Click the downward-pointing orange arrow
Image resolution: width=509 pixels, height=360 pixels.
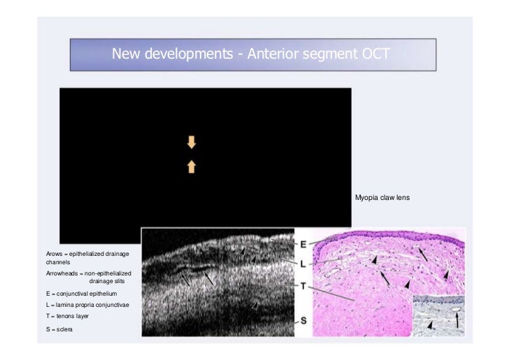[192, 143]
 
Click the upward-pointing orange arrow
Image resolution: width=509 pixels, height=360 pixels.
[192, 166]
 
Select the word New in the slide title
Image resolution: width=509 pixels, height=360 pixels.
[127, 54]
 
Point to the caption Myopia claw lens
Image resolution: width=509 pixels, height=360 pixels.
[382, 198]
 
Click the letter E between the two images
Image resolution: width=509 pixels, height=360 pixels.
[303, 244]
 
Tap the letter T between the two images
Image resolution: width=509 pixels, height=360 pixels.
[303, 286]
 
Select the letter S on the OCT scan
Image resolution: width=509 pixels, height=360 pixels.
[303, 321]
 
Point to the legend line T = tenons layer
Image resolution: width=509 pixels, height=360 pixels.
[67, 317]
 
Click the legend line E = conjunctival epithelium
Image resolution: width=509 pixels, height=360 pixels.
[81, 294]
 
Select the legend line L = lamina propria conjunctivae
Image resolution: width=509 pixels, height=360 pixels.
[86, 305]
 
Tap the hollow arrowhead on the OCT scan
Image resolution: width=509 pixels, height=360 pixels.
[255, 307]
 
